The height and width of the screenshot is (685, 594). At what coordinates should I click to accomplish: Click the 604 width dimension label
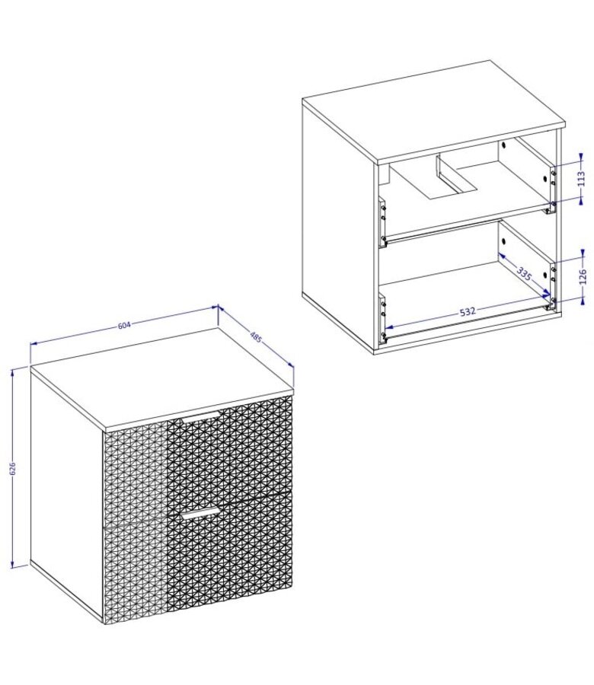point(125,325)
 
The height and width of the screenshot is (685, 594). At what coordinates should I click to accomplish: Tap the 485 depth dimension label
point(256,337)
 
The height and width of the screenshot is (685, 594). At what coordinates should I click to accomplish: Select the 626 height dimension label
point(13,468)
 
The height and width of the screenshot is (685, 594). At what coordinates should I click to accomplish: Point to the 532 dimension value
point(468,312)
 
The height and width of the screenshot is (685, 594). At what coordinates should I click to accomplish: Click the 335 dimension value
point(524,274)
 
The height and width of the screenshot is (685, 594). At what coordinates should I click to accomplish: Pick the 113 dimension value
point(581,178)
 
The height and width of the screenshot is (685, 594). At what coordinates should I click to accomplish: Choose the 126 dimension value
point(583,277)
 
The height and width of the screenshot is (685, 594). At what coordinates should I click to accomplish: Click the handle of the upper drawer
point(202,416)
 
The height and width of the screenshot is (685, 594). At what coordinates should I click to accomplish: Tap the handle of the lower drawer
point(200,513)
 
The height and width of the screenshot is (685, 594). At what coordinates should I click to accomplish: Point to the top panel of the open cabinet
point(433,111)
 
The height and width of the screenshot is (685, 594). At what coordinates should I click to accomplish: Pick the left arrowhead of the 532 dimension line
point(390,327)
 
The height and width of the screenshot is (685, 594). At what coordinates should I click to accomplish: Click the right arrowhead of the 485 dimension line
point(290,364)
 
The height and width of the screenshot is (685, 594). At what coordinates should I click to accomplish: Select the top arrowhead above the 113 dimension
point(581,157)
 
